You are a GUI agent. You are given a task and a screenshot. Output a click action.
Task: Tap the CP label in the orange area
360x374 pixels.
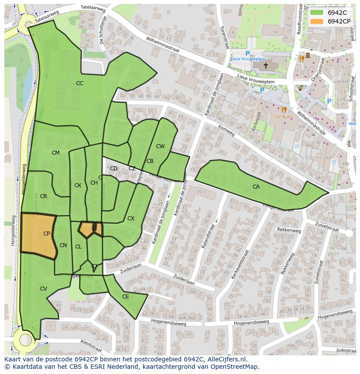point(47,234)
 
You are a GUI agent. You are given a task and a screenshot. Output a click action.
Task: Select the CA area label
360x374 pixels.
point(256,187)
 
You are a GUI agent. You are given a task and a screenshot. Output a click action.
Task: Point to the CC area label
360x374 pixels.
point(80,83)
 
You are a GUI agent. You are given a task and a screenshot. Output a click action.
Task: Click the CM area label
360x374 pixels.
point(56,153)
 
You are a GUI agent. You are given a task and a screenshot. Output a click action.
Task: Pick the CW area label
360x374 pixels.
point(160,146)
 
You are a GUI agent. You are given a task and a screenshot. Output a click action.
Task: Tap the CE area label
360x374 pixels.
point(126,297)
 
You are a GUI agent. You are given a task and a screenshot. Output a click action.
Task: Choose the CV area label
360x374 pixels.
point(43,289)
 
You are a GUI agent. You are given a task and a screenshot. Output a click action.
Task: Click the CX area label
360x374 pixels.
point(131,218)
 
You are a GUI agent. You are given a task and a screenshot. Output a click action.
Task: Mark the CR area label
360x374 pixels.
point(43,196)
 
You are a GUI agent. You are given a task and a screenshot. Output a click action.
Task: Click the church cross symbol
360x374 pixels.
point(266,65)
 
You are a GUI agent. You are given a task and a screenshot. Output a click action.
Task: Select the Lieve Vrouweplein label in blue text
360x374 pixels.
point(248,59)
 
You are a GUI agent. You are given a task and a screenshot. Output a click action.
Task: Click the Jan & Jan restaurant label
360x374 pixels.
point(283,116)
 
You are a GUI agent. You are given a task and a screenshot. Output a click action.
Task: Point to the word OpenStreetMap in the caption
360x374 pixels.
point(234,367)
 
